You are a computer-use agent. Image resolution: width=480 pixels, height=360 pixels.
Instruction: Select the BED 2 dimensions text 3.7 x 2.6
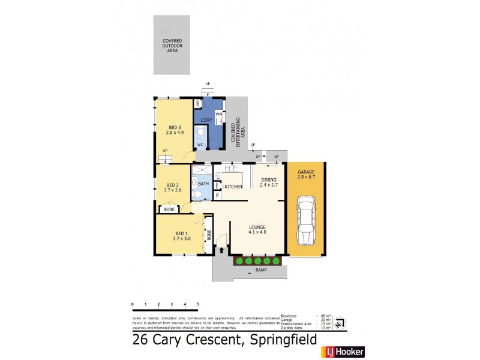point(173,190)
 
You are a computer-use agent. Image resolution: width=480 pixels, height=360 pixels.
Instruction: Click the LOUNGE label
point(257,227)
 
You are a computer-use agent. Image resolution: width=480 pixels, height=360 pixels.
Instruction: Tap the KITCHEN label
point(233,187)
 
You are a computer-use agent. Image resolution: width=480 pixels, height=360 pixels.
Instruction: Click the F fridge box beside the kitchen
point(217,196)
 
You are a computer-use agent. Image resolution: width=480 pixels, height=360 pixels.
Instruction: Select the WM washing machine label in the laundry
point(218,113)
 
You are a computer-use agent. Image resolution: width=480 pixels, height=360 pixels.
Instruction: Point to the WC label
point(200,145)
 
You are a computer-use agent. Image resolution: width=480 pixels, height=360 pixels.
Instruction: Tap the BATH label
point(203,184)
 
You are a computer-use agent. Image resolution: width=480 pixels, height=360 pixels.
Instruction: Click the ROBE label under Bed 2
point(169,209)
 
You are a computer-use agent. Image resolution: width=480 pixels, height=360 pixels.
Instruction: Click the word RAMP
point(261,270)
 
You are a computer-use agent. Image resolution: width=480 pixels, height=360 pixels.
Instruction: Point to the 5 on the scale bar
point(197,305)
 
